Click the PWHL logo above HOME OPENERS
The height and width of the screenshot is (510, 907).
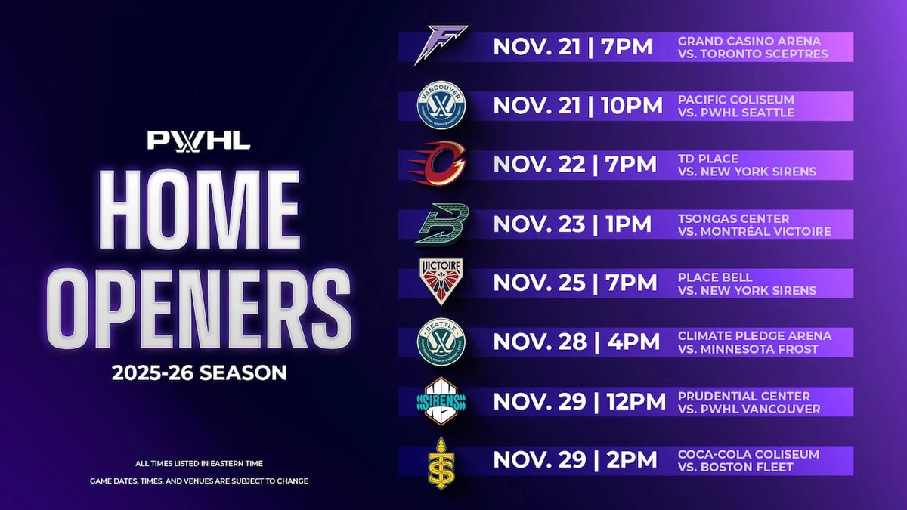tap(198, 141)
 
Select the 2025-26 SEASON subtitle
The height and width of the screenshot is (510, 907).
tap(200, 372)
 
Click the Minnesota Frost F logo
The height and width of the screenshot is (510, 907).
tap(441, 45)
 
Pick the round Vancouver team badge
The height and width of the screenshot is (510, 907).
tap(441, 105)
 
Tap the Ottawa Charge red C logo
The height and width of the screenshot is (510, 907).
tap(438, 163)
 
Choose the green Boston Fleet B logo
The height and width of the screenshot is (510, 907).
tap(441, 224)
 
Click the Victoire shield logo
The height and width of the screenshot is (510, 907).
tap(441, 282)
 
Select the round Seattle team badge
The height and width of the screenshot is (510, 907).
tap(441, 342)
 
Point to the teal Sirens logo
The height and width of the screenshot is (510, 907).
tap(441, 401)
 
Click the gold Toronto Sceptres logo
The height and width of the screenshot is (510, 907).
tap(441, 462)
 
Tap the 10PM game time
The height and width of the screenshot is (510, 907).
tap(632, 106)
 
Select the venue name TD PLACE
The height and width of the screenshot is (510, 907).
tap(708, 159)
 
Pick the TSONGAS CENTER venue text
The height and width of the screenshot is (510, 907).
tap(734, 218)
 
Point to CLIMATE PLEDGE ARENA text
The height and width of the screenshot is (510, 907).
tap(755, 336)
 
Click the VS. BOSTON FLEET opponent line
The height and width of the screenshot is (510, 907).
tap(735, 467)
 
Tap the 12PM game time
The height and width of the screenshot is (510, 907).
tap(636, 401)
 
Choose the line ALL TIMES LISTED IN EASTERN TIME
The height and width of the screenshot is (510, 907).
tap(200, 463)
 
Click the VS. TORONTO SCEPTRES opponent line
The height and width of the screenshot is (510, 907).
tap(753, 54)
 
